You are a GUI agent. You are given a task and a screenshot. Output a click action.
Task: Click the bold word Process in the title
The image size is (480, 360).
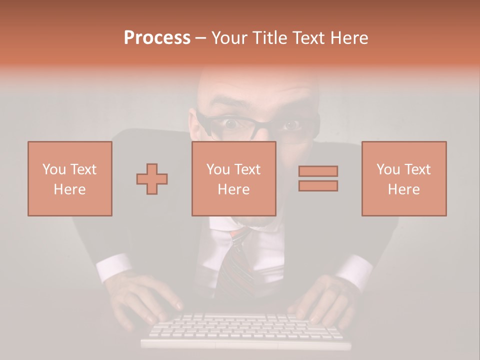click(157, 37)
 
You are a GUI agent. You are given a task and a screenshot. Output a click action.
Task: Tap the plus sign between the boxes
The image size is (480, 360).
click(152, 178)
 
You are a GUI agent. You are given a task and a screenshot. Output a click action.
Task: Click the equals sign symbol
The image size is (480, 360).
click(318, 178)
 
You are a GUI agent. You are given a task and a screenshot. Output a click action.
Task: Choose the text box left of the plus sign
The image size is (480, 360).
click(70, 178)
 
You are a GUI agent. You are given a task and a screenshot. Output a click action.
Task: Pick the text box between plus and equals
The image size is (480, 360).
click(234, 178)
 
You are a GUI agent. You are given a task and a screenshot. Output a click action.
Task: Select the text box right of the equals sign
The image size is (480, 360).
click(404, 178)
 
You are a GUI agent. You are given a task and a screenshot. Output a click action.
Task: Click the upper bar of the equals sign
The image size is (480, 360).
click(318, 171)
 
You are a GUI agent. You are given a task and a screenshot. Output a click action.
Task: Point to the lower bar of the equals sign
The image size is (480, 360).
click(318, 185)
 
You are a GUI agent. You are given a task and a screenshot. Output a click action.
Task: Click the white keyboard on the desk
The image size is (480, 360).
click(245, 330)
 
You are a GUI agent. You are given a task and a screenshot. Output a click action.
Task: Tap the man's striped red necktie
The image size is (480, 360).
click(238, 260)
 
